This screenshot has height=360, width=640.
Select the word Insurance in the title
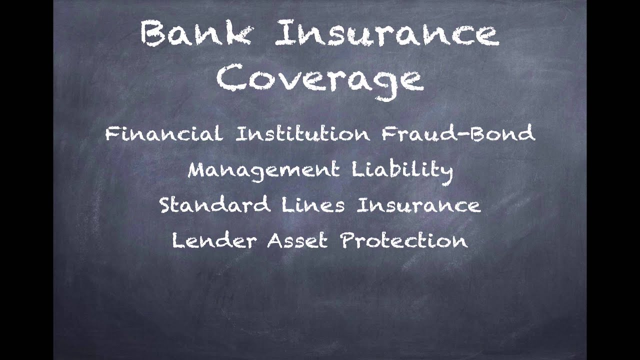click(386, 34)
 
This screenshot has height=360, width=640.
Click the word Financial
click(164, 133)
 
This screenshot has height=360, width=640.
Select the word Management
click(263, 170)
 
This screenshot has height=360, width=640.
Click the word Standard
click(215, 205)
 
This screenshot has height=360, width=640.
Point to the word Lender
click(214, 240)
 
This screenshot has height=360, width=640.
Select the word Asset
click(297, 240)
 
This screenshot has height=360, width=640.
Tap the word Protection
click(404, 240)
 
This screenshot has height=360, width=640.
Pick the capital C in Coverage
click(230, 78)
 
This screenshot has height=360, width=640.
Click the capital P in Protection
click(348, 240)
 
